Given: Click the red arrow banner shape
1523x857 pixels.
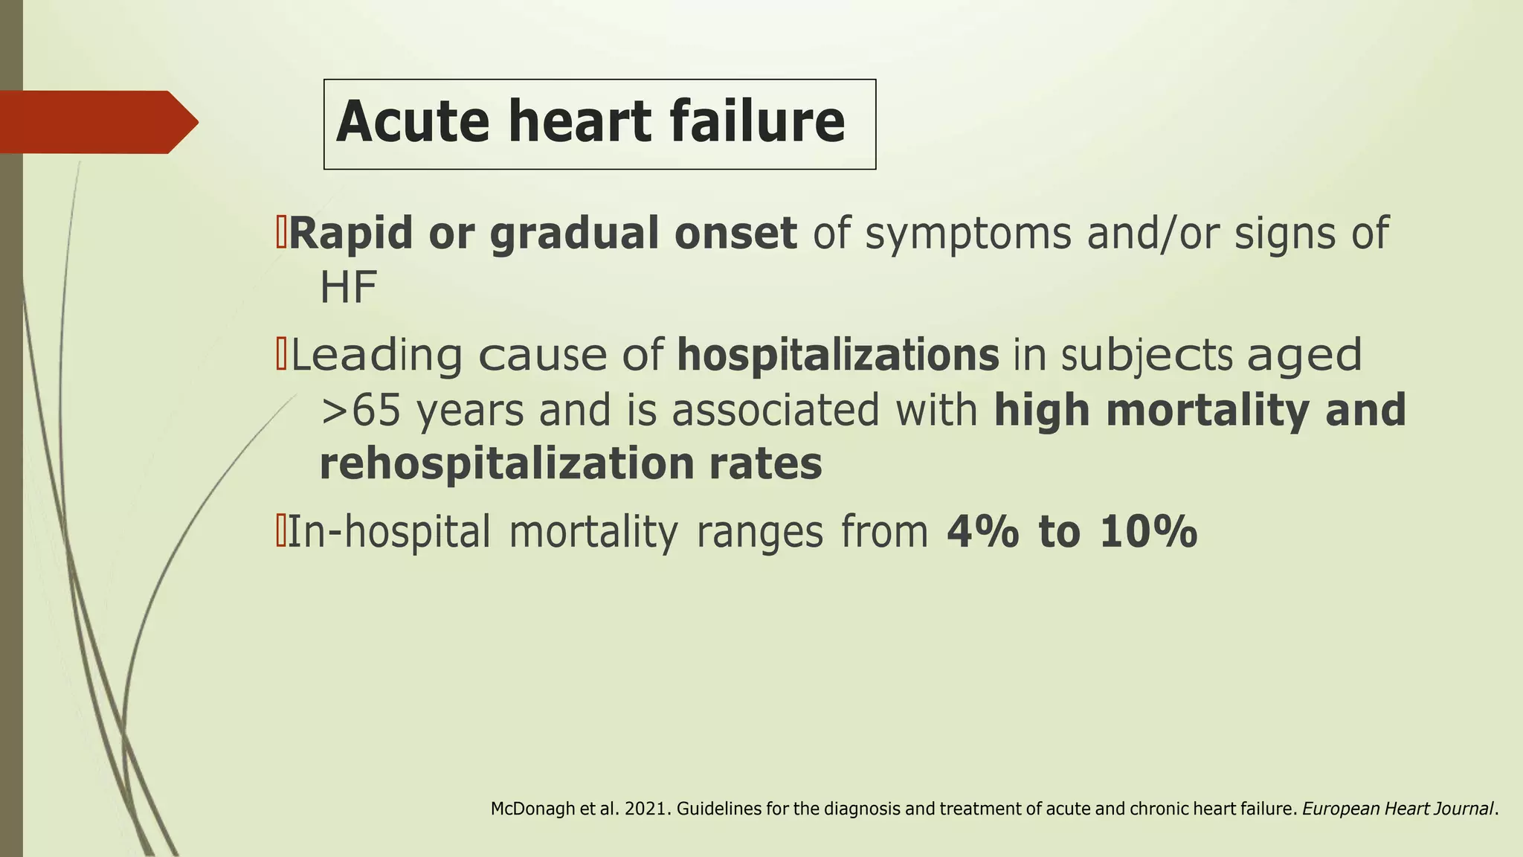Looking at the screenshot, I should [x=97, y=122].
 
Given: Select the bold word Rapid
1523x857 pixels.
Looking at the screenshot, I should [x=350, y=234].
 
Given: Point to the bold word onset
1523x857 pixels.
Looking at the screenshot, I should [x=735, y=234].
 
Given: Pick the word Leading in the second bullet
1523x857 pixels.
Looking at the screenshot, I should [x=376, y=356].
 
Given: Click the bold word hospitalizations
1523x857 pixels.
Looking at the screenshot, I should [x=838, y=356].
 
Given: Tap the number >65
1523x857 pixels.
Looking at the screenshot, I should [x=361, y=410].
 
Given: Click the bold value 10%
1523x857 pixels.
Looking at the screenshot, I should [x=1148, y=533].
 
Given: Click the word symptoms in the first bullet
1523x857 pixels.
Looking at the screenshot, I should [x=968, y=234].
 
